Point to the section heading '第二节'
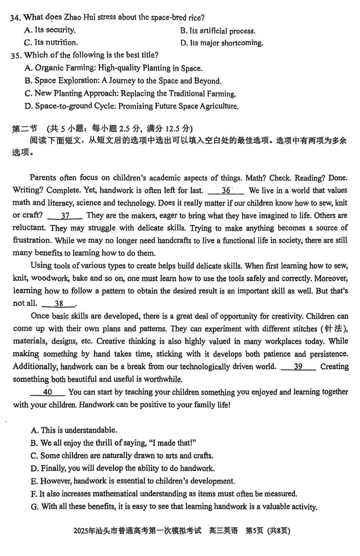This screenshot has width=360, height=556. pyautogui.click(x=22, y=129)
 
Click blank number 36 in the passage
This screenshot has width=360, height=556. pyautogui.click(x=226, y=190)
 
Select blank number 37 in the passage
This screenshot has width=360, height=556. pyautogui.click(x=65, y=216)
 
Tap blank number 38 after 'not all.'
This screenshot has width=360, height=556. pyautogui.click(x=59, y=303)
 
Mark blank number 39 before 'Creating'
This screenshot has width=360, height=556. pyautogui.click(x=298, y=366)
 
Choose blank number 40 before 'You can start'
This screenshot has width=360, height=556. pyautogui.click(x=48, y=392)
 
